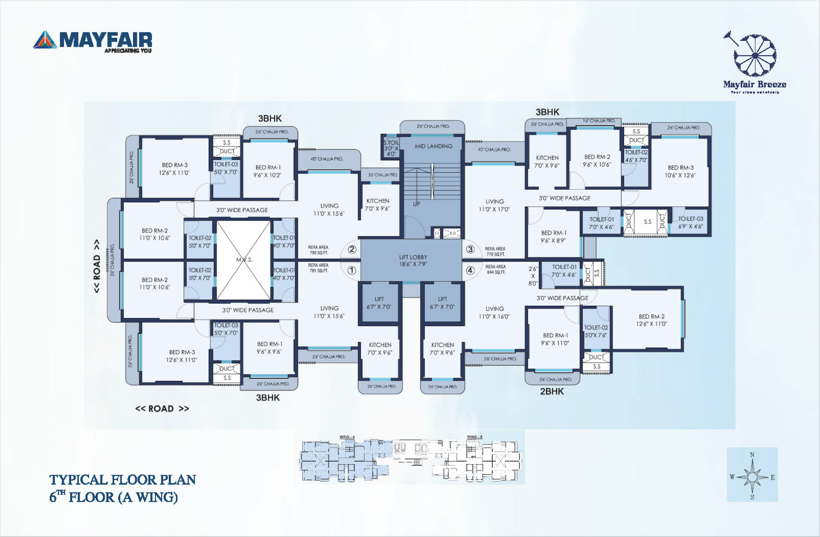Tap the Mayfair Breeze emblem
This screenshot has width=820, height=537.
tap(755, 56)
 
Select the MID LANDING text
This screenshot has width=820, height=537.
tap(433, 146)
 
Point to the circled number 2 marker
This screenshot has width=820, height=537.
tap(352, 249)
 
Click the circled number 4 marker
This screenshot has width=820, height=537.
tap(470, 270)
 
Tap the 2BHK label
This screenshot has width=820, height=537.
tap(552, 391)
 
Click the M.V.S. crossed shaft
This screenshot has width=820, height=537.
tap(244, 260)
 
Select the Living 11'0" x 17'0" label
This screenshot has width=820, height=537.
tap(495, 205)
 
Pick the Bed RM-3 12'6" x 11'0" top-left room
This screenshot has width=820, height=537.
tap(174, 169)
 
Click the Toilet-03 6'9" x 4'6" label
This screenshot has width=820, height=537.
tap(690, 222)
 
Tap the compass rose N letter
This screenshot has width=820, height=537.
tap(752, 455)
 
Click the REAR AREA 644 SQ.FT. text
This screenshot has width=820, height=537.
tap(495, 269)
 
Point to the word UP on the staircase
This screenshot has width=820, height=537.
tap(416, 204)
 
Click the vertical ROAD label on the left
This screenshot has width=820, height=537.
tap(97, 266)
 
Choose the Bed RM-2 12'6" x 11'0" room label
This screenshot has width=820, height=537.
tap(651, 320)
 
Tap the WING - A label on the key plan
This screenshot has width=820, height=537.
tap(347, 437)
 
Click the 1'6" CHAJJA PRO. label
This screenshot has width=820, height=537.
tap(599, 121)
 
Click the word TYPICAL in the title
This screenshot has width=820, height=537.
tap(79, 480)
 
